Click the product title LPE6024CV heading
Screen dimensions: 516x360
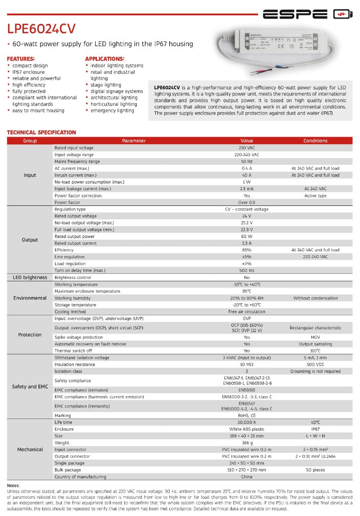point(41,29)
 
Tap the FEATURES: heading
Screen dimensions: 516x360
point(21,59)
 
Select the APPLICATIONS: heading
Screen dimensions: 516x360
point(104,59)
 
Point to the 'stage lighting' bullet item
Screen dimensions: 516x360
point(106,85)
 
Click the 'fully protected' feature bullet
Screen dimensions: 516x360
point(29,91)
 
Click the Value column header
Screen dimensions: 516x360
point(247,141)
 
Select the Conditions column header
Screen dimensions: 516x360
point(315,141)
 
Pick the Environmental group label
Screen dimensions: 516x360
point(30,298)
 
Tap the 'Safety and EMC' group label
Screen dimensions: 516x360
point(30,387)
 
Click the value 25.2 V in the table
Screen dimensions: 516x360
point(247,223)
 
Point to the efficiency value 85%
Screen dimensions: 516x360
point(247,250)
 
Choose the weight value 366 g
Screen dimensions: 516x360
point(247,443)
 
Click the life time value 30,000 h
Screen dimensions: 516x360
point(247,422)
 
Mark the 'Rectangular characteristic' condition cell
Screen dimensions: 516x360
point(315,328)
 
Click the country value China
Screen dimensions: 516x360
point(247,477)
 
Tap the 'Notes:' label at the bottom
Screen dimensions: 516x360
point(13,485)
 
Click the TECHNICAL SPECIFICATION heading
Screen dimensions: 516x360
point(41,132)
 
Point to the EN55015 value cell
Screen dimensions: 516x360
point(247,390)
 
